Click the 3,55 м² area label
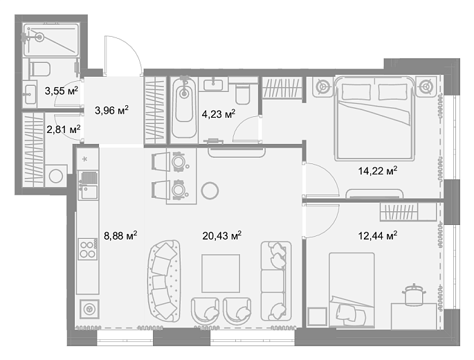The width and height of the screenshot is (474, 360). click(x=62, y=91)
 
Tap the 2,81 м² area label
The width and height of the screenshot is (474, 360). click(x=64, y=129)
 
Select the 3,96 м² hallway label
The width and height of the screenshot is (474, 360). click(x=111, y=110)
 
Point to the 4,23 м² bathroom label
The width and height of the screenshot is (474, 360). click(x=218, y=114)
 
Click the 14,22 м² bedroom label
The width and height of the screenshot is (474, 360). click(x=378, y=171)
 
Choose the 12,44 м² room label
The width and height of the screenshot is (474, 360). click(x=378, y=235)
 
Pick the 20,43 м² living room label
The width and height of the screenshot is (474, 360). click(x=222, y=235)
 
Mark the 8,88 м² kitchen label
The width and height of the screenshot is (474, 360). click(x=120, y=235)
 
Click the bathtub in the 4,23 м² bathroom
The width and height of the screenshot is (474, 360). click(x=183, y=110)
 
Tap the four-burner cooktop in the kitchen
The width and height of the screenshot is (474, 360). click(x=88, y=249)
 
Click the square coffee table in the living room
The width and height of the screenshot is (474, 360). click(x=221, y=273)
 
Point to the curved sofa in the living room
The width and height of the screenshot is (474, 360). click(x=163, y=281)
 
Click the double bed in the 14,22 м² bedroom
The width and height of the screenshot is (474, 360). click(x=374, y=118)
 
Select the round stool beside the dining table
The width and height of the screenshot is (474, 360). click(x=210, y=190)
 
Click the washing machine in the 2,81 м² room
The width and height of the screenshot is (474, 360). click(x=56, y=176)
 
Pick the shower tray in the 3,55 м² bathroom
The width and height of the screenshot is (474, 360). click(x=51, y=40)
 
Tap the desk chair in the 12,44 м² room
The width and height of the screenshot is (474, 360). click(x=414, y=294)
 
